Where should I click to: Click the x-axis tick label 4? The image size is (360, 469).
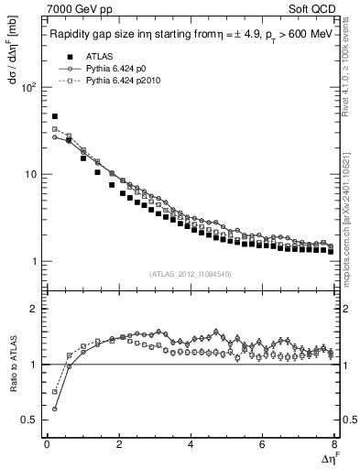click(x=191, y=444)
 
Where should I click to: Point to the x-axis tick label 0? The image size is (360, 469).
click(x=47, y=444)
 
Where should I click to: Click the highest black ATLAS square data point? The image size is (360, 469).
click(x=55, y=117)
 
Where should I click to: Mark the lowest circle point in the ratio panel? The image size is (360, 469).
click(x=55, y=409)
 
